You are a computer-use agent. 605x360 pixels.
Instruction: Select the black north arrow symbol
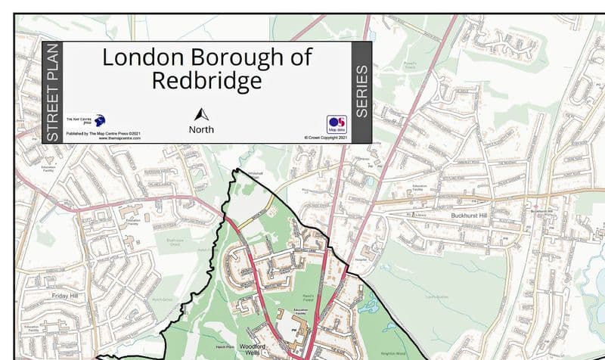pos(201,115)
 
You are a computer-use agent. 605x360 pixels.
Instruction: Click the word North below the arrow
pos(201,129)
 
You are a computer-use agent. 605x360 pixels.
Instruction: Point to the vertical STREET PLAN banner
pos(52,92)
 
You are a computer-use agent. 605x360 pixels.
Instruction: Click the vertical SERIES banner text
pos(361,92)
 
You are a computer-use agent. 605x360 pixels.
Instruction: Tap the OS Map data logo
pos(337,124)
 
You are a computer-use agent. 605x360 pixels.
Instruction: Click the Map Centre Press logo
pos(97,121)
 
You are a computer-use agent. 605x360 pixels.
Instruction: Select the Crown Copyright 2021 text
pos(326,138)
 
